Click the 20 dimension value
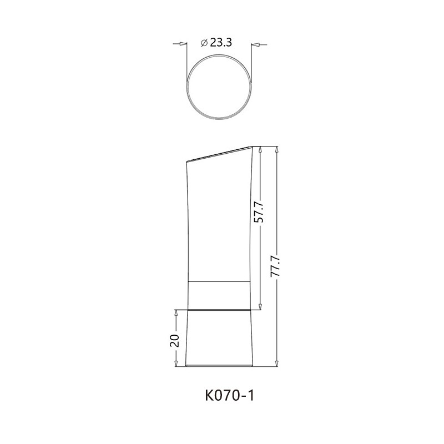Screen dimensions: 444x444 [175, 340]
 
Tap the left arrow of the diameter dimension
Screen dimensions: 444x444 [183, 43]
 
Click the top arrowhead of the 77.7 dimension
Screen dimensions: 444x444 [276, 149]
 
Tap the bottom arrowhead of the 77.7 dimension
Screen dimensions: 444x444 [276, 364]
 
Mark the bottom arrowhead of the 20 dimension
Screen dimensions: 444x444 [175, 364]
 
